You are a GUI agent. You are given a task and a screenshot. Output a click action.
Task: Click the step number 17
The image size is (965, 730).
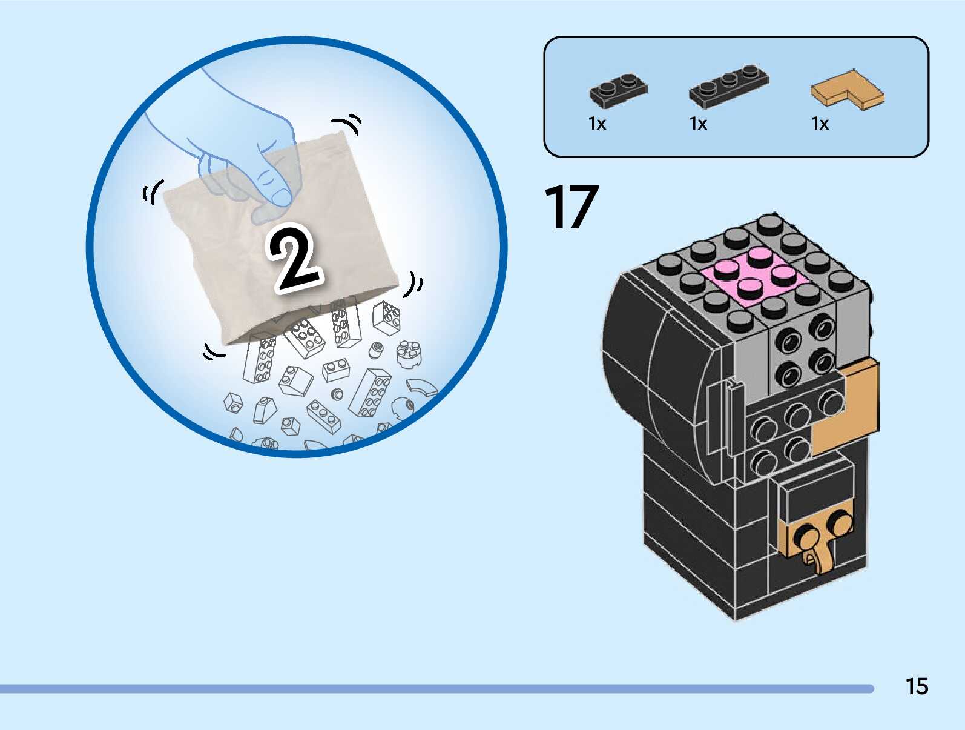[571, 208]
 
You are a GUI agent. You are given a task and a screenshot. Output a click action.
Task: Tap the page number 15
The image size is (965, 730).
[917, 686]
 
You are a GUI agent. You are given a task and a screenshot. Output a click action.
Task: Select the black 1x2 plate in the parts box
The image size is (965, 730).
[618, 90]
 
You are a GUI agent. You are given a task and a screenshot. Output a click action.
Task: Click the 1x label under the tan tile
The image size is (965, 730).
[820, 124]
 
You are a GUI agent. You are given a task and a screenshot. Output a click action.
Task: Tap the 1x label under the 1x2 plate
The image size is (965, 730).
[597, 124]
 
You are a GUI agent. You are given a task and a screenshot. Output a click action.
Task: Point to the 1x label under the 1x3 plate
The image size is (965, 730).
[698, 124]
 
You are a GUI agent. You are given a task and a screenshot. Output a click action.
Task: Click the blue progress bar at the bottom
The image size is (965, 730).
[436, 689]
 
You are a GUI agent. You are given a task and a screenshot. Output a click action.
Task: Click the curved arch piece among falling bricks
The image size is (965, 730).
[422, 387]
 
